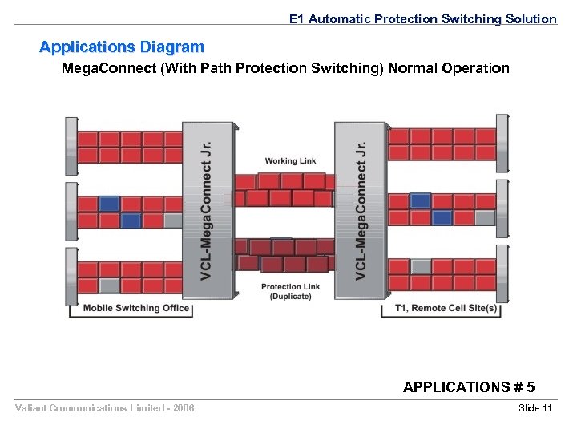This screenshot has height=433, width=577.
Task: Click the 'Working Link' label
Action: pyautogui.click(x=290, y=161)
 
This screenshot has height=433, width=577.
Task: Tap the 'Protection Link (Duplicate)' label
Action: pyautogui.click(x=290, y=291)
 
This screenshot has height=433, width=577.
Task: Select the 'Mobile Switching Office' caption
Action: pyautogui.click(x=136, y=308)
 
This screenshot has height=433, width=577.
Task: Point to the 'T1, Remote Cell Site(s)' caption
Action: pyautogui.click(x=446, y=309)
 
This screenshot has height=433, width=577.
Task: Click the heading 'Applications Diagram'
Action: pyautogui.click(x=122, y=47)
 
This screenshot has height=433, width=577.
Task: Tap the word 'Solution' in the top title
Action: pyautogui.click(x=531, y=18)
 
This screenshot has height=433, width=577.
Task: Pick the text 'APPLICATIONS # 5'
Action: pyautogui.click(x=469, y=387)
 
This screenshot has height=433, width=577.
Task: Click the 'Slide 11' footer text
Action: pyautogui.click(x=535, y=409)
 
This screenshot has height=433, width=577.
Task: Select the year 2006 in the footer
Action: pyautogui.click(x=182, y=409)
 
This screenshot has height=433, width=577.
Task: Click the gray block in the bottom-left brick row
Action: pyautogui.click(x=110, y=284)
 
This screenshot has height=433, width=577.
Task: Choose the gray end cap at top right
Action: pyautogui.click(x=502, y=143)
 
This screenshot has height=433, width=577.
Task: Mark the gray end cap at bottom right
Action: pyautogui.click(x=502, y=274)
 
